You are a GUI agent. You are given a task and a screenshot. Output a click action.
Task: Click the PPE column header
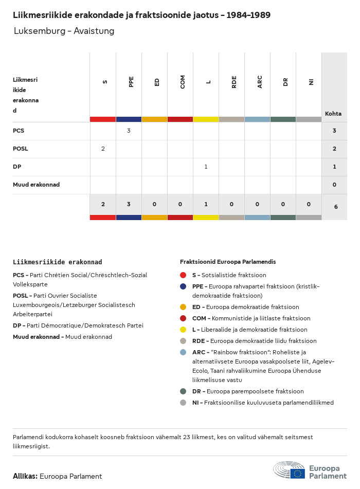(x=131, y=81)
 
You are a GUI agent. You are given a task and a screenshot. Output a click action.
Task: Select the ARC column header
(x=260, y=81)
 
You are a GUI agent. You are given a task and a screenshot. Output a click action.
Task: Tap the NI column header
(x=311, y=81)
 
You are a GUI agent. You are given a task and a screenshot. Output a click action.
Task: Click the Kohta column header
(x=333, y=114)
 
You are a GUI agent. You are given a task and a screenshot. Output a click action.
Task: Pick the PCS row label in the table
(x=19, y=131)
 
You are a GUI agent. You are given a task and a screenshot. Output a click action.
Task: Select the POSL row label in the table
(x=21, y=149)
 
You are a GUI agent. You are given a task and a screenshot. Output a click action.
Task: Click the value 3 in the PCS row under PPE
(x=129, y=131)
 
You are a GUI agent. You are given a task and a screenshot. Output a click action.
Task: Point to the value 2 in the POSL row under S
(x=103, y=149)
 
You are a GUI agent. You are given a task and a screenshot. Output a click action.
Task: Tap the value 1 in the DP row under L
(x=206, y=167)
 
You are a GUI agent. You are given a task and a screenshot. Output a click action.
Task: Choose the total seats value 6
(x=336, y=207)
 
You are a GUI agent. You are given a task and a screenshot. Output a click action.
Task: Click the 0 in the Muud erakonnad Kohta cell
(x=334, y=185)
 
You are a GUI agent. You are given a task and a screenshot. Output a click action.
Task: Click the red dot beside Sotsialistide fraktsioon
(x=183, y=275)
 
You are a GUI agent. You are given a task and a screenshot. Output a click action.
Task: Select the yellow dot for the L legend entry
(x=183, y=330)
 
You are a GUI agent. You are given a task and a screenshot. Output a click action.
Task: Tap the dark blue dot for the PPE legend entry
(x=183, y=286)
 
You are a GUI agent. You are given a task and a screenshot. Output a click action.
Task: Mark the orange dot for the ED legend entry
(x=183, y=307)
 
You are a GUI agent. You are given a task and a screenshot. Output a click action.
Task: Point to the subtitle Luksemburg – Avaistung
(x=64, y=31)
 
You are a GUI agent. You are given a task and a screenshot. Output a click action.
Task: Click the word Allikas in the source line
(x=25, y=476)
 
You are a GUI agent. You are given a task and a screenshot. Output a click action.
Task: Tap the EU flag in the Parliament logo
(x=297, y=473)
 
